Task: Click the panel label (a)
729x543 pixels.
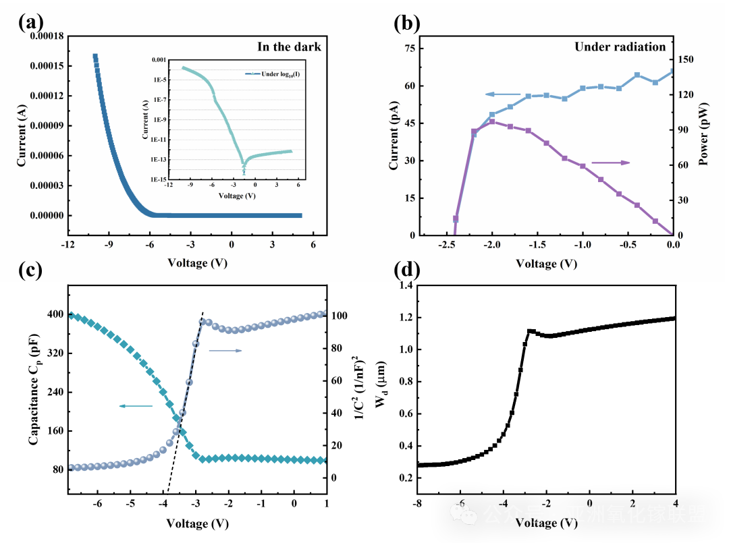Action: pyautogui.click(x=30, y=23)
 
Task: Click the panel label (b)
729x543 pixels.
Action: pyautogui.click(x=406, y=23)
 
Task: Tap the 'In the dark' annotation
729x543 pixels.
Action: pyautogui.click(x=289, y=47)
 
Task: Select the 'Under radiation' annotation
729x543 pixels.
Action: pyautogui.click(x=620, y=47)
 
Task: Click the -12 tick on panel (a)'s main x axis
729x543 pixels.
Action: pyautogui.click(x=67, y=246)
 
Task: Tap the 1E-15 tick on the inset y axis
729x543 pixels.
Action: pyautogui.click(x=159, y=179)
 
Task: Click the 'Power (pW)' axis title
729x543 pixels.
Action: pyautogui.click(x=703, y=135)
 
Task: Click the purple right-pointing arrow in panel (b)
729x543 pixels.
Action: pyautogui.click(x=610, y=163)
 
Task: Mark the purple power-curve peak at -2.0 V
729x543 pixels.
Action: pyautogui.click(x=492, y=121)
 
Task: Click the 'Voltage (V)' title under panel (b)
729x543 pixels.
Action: pyautogui.click(x=546, y=263)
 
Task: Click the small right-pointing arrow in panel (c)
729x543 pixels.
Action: pyautogui.click(x=225, y=351)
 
